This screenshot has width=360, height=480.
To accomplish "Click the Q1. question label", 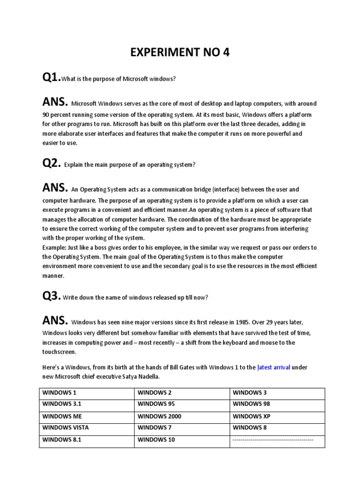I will [52, 78].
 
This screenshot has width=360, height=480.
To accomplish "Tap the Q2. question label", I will [52, 164].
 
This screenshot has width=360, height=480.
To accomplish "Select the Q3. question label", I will [52, 297].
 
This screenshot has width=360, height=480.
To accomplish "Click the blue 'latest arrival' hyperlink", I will [274, 367].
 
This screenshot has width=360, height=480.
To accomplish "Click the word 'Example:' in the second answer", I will [55, 247].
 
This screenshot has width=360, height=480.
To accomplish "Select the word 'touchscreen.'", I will [59, 352].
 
